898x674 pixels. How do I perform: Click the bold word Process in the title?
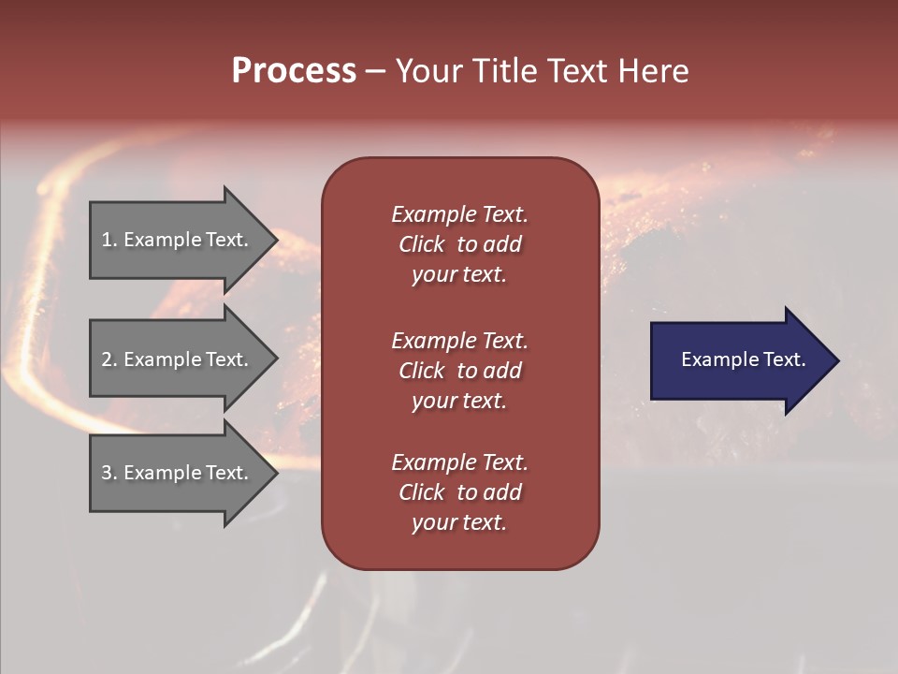click(x=294, y=71)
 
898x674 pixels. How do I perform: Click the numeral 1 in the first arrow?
click(x=107, y=240)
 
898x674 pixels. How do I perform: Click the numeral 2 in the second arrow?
click(x=107, y=359)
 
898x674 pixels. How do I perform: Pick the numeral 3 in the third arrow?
click(x=107, y=473)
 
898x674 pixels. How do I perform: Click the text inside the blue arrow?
click(x=743, y=359)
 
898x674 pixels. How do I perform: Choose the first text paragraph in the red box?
click(x=459, y=244)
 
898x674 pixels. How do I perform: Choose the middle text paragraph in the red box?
click(x=459, y=371)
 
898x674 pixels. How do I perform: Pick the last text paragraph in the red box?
click(x=459, y=492)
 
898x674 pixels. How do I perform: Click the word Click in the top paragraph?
click(x=422, y=244)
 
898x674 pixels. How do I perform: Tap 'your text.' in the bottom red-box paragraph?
click(x=459, y=522)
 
